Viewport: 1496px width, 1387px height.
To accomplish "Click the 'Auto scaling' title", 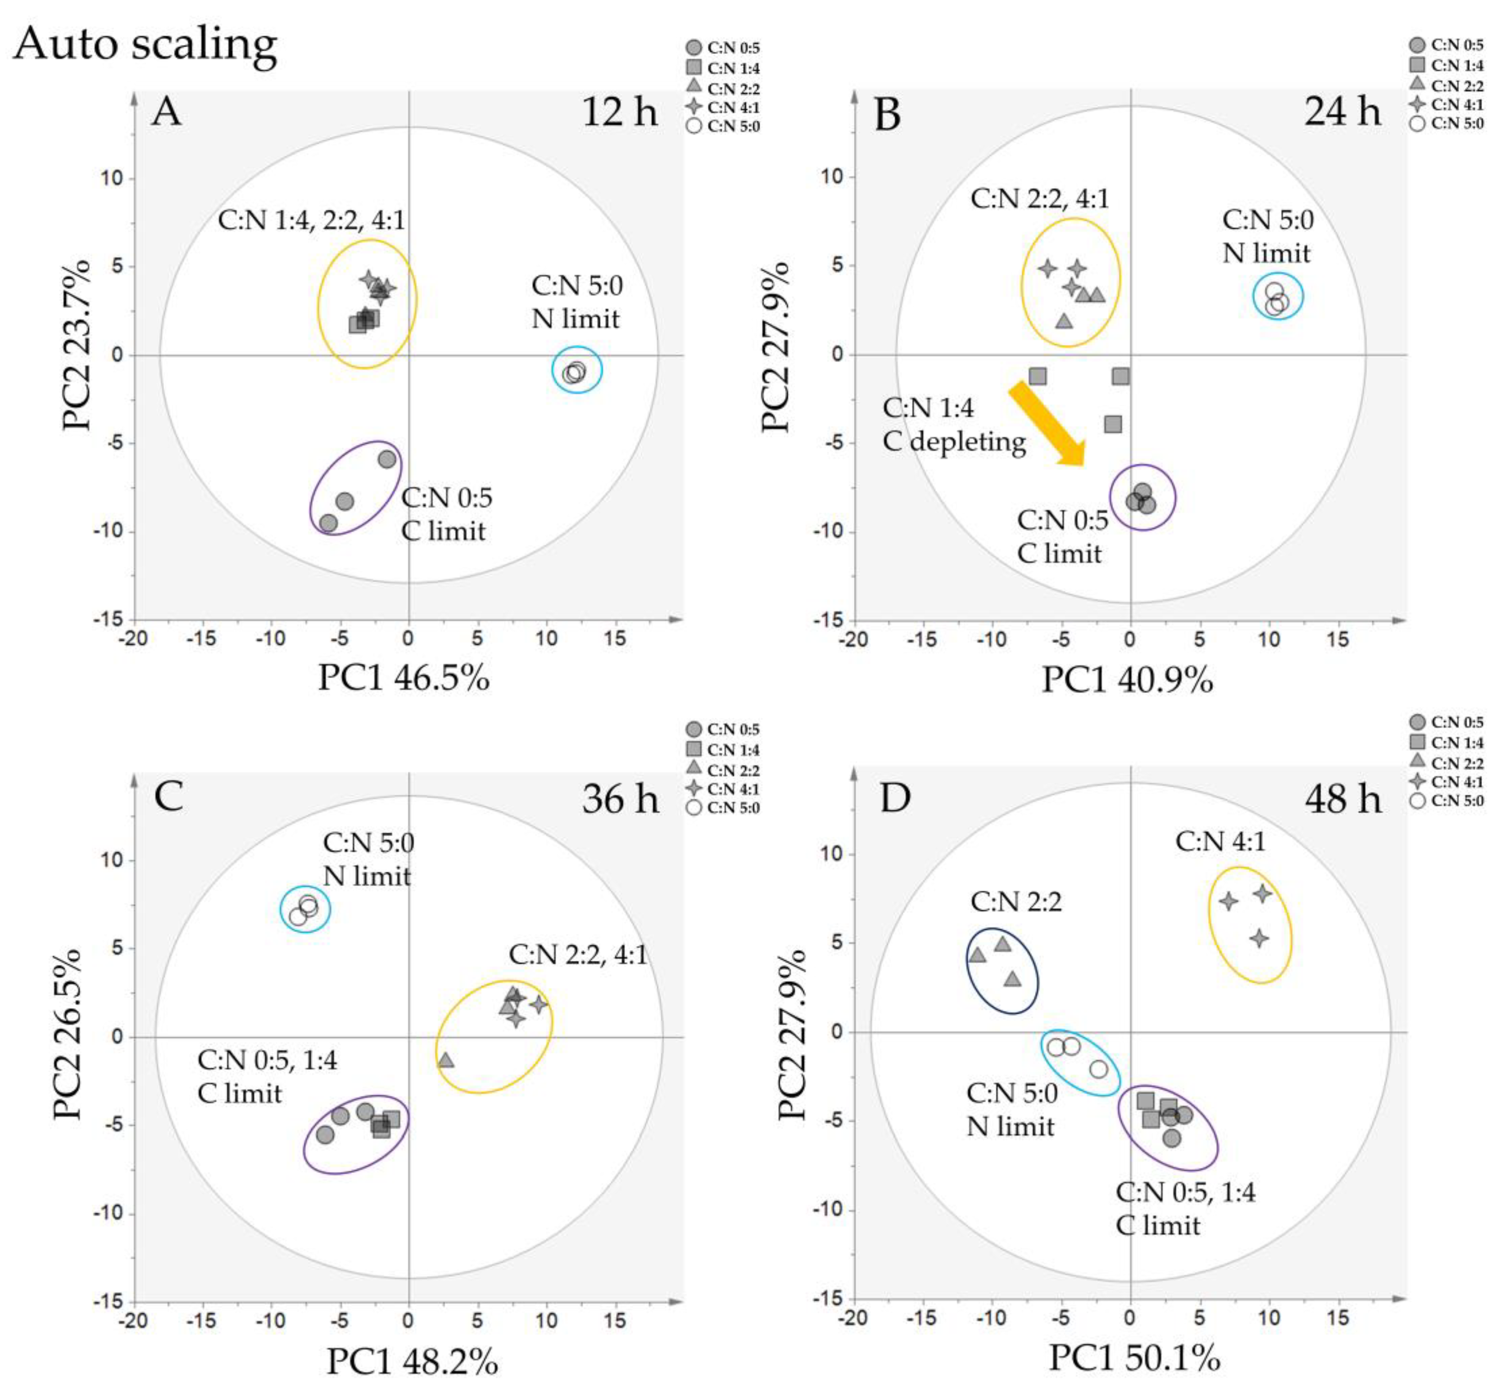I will click(x=145, y=44).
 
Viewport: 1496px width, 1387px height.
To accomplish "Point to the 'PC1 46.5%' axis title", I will click(x=403, y=678).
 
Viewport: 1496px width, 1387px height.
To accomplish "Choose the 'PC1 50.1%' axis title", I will click(x=1134, y=1357).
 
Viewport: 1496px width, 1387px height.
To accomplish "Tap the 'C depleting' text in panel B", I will click(x=954, y=441).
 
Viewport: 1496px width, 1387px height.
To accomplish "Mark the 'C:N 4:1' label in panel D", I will click(x=1220, y=842).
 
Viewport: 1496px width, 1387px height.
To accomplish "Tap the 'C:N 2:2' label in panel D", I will click(x=1016, y=901).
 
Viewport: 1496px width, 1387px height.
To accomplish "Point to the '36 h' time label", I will click(x=620, y=798).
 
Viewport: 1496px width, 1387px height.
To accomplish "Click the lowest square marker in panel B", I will click(x=1113, y=424).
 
